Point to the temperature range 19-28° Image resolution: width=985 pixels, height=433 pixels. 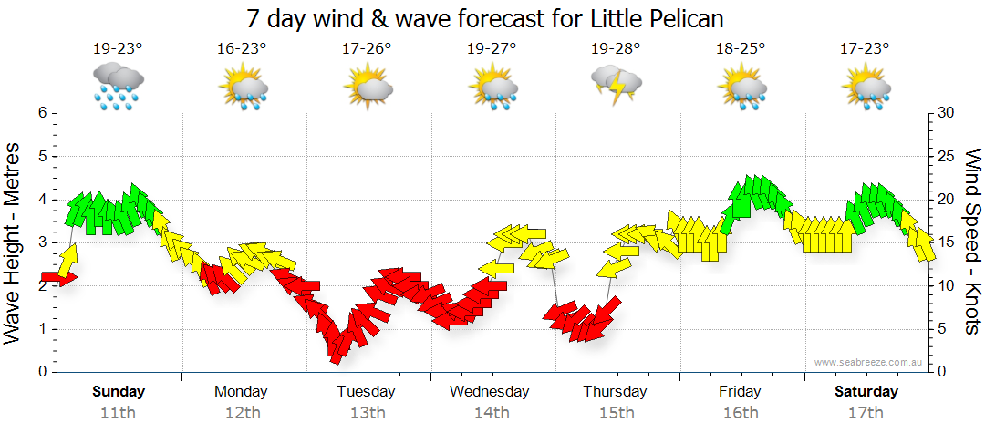click(x=615, y=49)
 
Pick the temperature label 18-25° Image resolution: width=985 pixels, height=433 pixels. click(x=740, y=49)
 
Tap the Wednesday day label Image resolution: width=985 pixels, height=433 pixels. click(x=490, y=391)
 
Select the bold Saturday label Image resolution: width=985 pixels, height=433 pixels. click(x=865, y=391)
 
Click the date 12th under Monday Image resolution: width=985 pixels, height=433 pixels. click(x=242, y=412)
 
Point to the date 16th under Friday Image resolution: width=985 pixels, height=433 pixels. click(x=740, y=412)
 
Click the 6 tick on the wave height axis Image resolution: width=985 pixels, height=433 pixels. click(x=42, y=113)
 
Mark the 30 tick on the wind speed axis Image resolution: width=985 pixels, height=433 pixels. click(x=947, y=113)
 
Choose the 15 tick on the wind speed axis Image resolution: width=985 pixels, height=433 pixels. click(x=946, y=242)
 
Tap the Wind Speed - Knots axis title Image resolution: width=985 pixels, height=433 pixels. click(x=972, y=241)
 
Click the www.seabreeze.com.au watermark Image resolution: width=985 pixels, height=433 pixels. click(x=871, y=362)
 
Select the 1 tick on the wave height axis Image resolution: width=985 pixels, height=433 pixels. click(x=42, y=329)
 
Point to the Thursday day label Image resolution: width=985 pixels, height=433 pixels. click(x=615, y=391)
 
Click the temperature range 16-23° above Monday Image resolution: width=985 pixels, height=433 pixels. click(x=242, y=49)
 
